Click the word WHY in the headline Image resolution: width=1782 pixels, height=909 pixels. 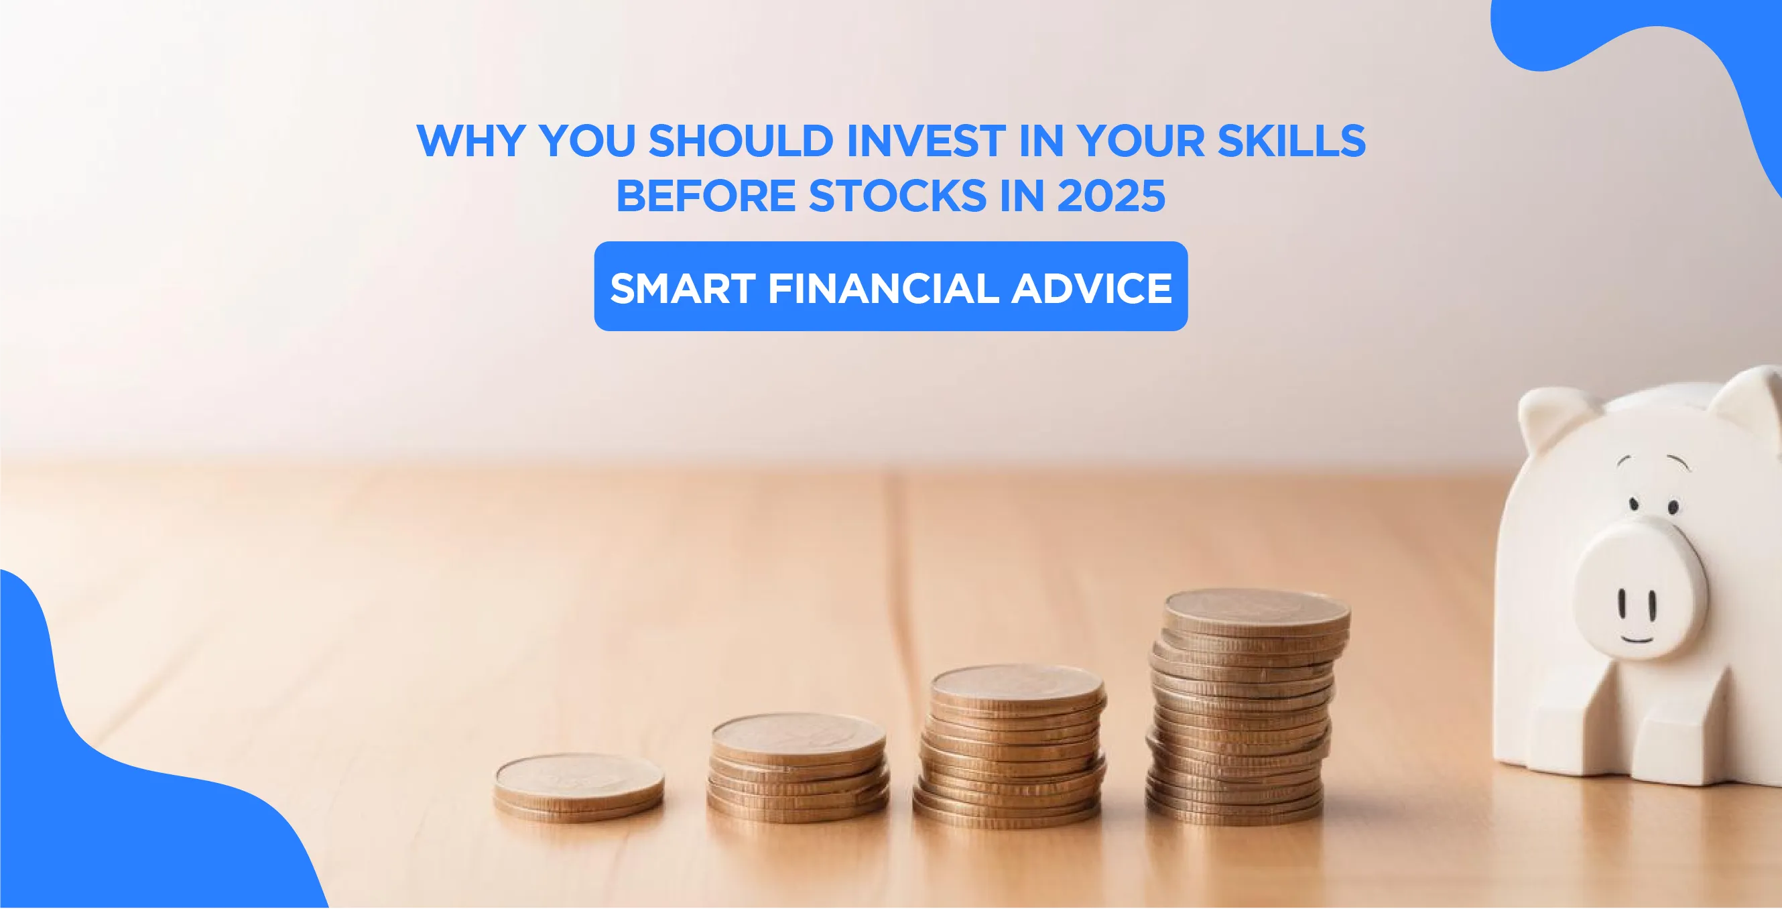point(470,141)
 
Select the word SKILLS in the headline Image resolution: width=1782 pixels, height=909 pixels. point(1291,141)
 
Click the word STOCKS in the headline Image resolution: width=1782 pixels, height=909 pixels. point(898,196)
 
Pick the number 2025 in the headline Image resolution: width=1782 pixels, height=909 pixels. point(1111,196)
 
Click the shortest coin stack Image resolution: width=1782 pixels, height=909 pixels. point(579,787)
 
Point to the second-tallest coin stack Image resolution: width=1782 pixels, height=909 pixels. point(1011,747)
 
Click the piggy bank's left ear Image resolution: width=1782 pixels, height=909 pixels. point(1549,418)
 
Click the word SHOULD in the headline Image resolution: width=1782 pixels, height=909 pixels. point(741,141)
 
